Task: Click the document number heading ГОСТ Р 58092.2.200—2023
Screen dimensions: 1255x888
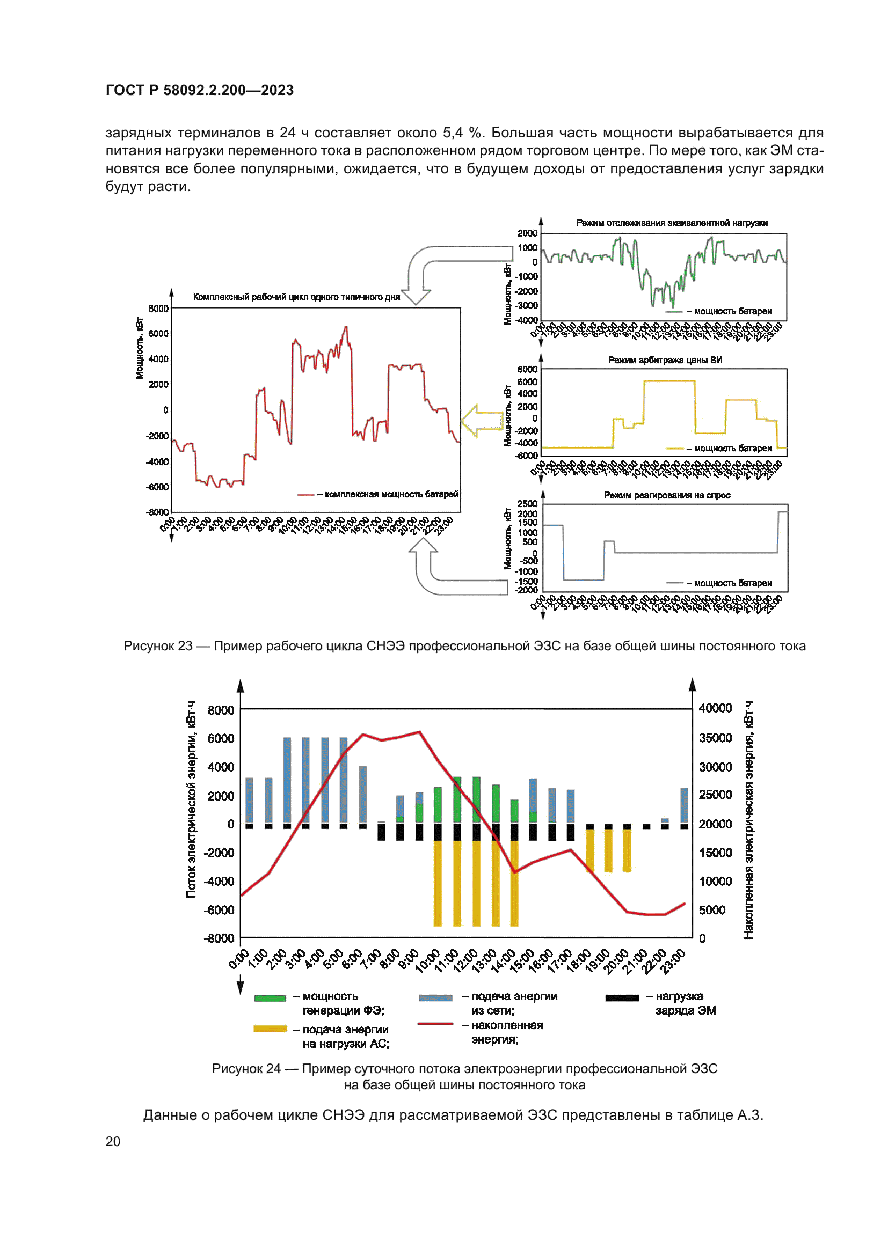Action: (200, 90)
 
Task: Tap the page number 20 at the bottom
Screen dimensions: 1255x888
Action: (113, 1141)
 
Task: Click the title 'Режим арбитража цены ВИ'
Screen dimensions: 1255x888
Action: (665, 360)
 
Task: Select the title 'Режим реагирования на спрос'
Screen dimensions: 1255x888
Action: (667, 495)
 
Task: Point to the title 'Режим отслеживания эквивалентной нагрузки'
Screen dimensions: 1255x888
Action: (672, 223)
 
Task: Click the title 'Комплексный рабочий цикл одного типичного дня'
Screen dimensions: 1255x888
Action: (296, 297)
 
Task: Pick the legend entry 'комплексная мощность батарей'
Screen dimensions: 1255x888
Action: (391, 494)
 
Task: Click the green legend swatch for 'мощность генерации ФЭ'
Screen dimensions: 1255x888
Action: (270, 998)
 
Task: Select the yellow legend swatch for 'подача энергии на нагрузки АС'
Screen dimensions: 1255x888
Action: (270, 1029)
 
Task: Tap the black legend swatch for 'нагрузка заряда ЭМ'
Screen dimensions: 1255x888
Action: (622, 998)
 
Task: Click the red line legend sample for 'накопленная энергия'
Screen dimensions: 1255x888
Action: (435, 1023)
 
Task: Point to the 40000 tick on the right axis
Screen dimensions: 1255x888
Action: (715, 708)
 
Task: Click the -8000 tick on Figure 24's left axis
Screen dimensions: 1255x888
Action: (219, 938)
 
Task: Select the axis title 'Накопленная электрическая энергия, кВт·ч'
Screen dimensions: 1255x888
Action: (748, 820)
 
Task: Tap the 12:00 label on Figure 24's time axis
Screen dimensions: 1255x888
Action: (465, 961)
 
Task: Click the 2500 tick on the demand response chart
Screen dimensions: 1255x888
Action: (527, 503)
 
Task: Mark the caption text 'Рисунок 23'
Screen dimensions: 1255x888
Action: (158, 646)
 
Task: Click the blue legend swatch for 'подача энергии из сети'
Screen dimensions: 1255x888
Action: (435, 998)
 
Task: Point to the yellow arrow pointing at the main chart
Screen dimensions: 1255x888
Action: (479, 420)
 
